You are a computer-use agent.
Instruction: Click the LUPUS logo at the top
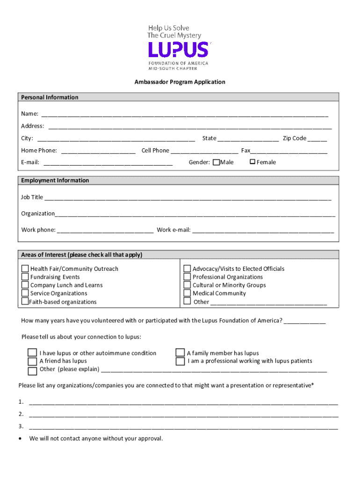(178, 49)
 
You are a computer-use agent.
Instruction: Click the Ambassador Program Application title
(180, 82)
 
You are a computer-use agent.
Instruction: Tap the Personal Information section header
(50, 97)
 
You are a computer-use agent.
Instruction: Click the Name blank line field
(185, 115)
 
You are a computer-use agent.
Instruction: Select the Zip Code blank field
(317, 139)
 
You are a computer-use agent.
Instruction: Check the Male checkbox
(216, 162)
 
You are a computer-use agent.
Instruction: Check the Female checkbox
(252, 162)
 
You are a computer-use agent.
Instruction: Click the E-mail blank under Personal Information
(108, 163)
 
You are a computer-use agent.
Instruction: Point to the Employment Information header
(55, 181)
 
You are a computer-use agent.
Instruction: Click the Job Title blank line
(187, 198)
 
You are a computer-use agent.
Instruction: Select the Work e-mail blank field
(263, 231)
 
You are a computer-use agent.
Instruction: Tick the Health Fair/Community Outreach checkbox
(25, 269)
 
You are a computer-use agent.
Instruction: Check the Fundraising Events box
(25, 277)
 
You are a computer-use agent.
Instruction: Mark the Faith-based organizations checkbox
(25, 301)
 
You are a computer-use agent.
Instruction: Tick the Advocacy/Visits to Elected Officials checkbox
(187, 269)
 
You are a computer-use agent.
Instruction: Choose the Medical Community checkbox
(187, 293)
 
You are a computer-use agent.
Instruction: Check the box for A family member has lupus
(180, 353)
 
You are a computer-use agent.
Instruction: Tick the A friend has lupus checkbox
(32, 361)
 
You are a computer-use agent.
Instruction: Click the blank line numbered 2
(183, 415)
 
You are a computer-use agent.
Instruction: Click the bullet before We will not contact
(19, 439)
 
